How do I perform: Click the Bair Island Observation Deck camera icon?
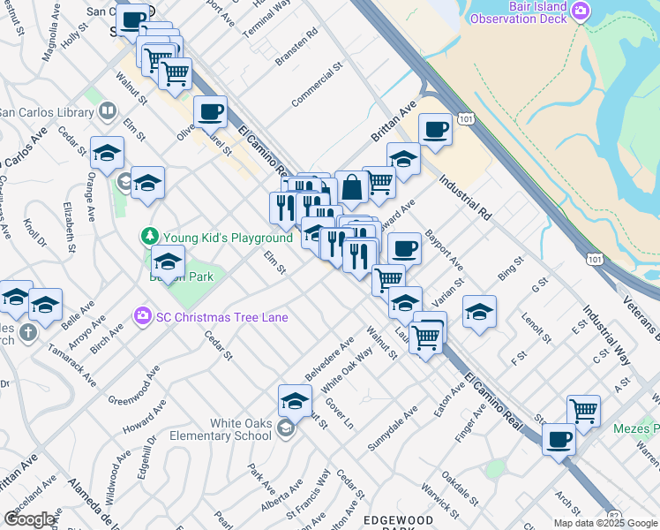(x=581, y=11)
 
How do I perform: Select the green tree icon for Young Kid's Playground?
(x=149, y=236)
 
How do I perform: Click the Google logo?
(x=29, y=519)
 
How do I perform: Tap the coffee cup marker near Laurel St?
(x=210, y=112)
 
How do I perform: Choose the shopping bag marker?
(x=351, y=187)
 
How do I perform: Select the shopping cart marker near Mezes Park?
(x=583, y=411)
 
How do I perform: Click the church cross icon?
(x=27, y=333)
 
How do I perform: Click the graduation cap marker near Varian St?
(x=479, y=312)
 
